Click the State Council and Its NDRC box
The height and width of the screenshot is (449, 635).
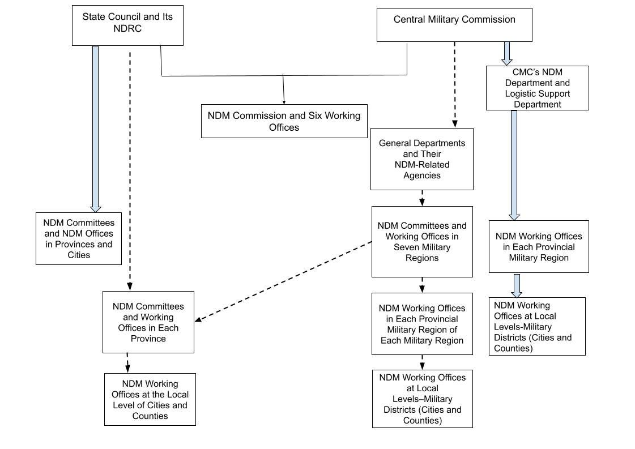[x=127, y=25]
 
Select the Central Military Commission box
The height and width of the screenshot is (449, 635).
[x=454, y=24]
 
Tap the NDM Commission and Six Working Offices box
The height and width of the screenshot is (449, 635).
[x=284, y=121]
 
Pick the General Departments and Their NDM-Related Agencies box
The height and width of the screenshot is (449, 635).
[x=421, y=159]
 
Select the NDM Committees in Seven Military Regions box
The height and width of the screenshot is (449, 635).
[x=421, y=242]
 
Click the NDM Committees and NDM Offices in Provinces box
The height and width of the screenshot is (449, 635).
[x=78, y=238]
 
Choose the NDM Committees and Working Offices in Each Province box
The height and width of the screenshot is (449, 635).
[x=148, y=322]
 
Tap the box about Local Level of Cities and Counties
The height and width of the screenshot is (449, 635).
[x=150, y=399]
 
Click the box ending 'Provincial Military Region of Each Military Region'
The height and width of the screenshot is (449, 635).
[x=421, y=324]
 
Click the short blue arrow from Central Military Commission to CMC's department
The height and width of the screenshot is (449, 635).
[x=507, y=53]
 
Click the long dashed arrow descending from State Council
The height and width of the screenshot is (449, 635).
[x=130, y=170]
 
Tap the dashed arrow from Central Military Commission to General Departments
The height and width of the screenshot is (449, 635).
[x=454, y=85]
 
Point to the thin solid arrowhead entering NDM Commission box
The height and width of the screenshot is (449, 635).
[x=284, y=101]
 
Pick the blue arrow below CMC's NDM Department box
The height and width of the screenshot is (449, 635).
[x=514, y=164]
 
